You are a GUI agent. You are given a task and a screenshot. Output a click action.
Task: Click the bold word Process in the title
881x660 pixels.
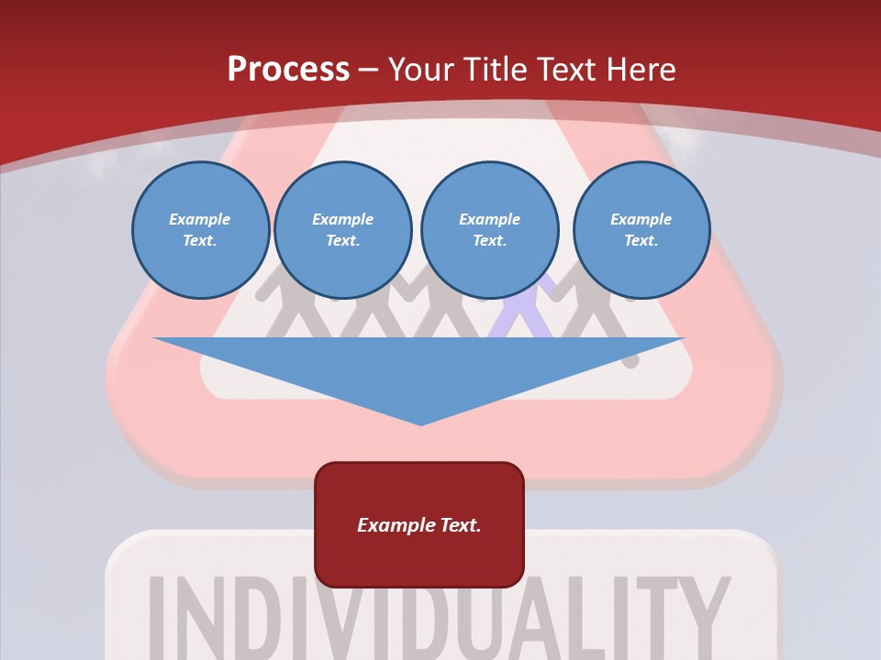(288, 70)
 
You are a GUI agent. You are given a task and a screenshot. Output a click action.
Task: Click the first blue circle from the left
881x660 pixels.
(200, 230)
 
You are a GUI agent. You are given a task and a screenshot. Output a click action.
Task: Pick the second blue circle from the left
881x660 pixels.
(342, 230)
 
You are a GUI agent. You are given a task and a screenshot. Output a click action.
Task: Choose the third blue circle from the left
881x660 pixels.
(489, 230)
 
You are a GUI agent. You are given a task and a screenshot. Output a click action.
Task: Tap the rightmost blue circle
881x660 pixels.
(641, 230)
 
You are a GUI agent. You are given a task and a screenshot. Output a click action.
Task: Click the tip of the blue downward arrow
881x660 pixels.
(420, 423)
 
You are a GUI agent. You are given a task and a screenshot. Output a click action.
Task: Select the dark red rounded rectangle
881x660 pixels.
(419, 524)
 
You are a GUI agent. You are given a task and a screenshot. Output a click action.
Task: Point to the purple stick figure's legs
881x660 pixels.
(521, 321)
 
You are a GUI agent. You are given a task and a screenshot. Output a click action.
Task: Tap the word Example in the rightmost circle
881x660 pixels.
(641, 219)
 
